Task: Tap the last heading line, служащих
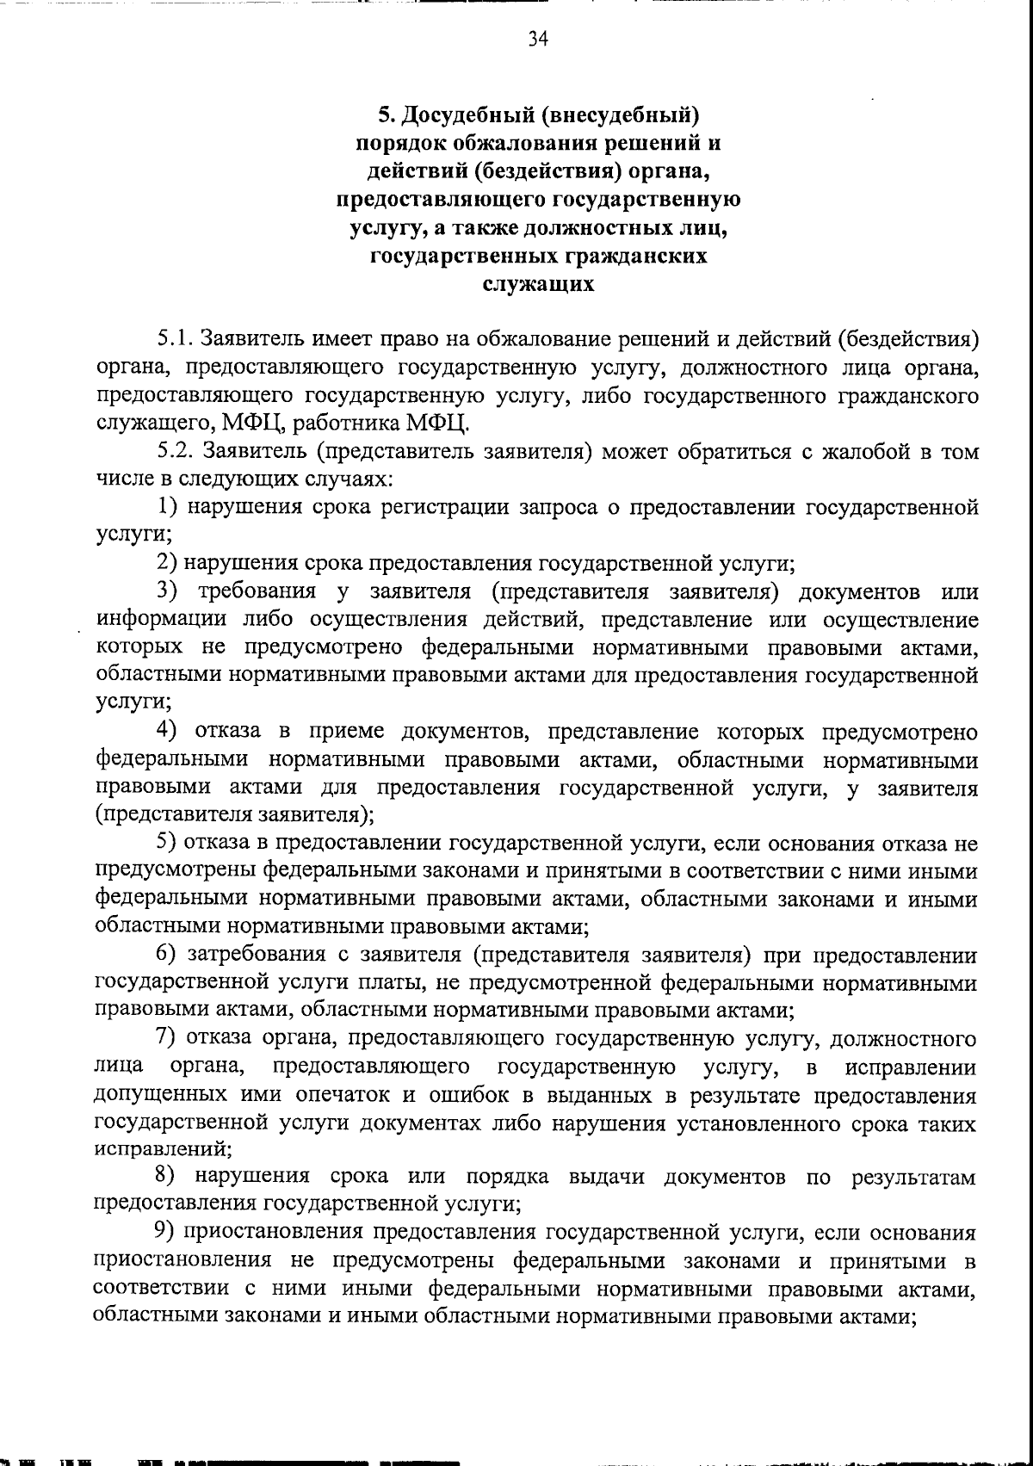[538, 284]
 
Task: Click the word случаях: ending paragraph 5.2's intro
[349, 479]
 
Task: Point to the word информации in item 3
[161, 620]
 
